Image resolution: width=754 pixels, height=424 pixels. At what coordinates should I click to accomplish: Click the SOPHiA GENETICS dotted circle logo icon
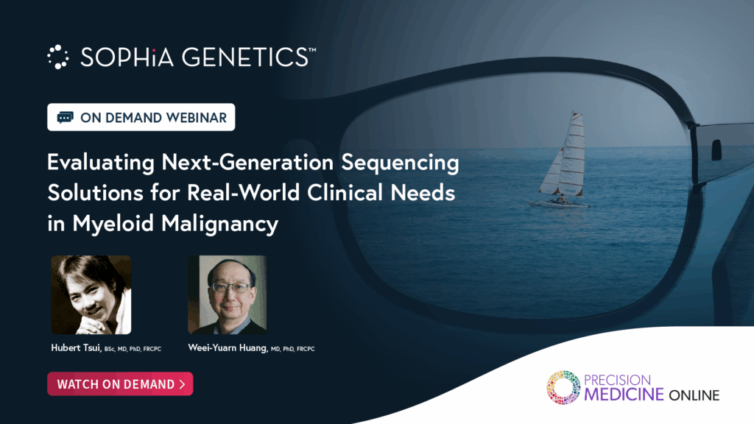click(57, 57)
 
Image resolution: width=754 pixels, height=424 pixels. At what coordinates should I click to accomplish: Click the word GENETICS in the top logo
click(245, 57)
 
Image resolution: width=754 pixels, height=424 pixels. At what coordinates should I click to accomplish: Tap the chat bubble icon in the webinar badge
click(65, 117)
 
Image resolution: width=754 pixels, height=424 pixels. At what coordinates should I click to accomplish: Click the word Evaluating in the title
click(101, 163)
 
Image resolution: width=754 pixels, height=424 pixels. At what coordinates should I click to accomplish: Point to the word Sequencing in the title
click(400, 163)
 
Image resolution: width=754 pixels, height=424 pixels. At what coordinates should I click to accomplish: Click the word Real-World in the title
click(243, 194)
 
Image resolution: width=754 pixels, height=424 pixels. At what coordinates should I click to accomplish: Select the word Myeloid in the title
click(113, 224)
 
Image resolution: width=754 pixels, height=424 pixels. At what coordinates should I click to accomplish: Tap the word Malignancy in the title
click(219, 224)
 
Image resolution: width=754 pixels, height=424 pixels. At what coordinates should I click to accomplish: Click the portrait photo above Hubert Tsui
click(91, 294)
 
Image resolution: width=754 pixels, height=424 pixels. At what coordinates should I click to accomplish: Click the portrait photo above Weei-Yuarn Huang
click(228, 294)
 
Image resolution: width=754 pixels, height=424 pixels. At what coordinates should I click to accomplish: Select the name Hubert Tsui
click(76, 347)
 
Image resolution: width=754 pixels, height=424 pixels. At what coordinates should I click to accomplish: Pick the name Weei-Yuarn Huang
click(228, 347)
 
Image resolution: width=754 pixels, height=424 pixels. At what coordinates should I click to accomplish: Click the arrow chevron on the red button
click(183, 384)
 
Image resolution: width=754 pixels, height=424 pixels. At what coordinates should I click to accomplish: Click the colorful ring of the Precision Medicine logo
click(563, 387)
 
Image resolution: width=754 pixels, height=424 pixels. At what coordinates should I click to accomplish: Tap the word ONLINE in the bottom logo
click(694, 395)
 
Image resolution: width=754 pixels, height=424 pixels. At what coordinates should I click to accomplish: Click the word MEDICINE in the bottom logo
click(624, 395)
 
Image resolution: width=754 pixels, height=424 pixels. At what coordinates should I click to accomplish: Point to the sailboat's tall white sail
click(573, 154)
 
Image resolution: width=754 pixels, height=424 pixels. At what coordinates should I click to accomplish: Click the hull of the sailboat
click(558, 204)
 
